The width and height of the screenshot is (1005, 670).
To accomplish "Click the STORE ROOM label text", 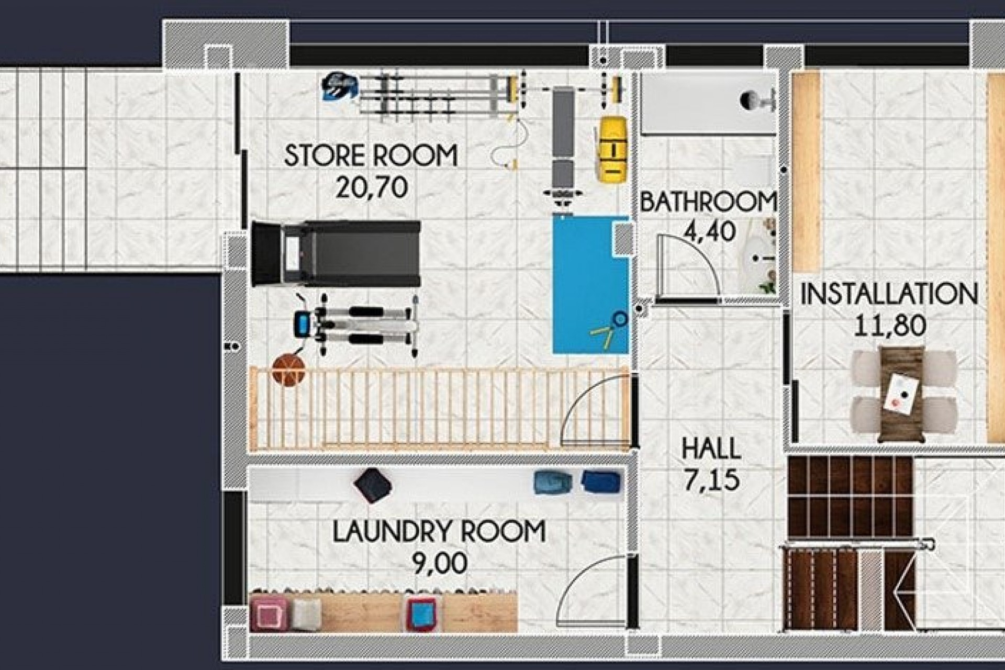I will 371,155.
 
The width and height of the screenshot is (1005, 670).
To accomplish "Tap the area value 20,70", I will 371,187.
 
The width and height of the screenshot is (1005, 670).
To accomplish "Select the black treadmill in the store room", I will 336,254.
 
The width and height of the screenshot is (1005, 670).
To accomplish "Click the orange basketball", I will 288,370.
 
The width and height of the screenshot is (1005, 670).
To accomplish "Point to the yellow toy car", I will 612,149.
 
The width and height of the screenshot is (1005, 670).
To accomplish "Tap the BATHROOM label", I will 708,203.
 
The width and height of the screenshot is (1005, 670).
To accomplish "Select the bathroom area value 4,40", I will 710,231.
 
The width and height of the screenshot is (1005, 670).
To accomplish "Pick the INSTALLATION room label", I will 889,294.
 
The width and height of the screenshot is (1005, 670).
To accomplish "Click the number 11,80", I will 890,325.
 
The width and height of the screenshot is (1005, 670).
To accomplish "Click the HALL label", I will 711,449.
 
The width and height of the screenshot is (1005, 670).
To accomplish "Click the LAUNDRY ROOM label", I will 439,531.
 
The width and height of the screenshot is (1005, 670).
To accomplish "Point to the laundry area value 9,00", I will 440,563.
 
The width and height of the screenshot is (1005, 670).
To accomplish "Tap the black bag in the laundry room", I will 373,485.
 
